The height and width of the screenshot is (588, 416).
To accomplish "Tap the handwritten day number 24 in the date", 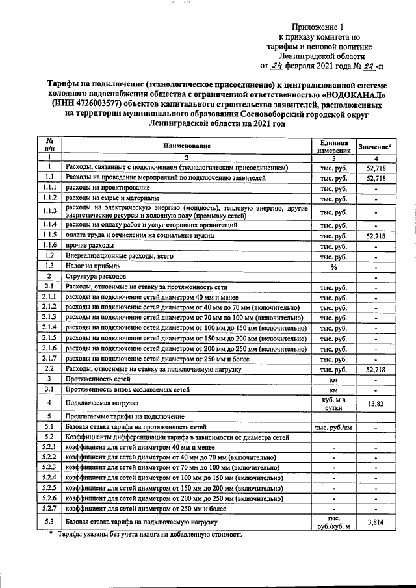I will (x=277, y=66).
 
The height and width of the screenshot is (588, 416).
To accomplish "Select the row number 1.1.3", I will (x=48, y=211).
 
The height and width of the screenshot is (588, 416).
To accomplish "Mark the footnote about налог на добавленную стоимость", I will (x=149, y=535).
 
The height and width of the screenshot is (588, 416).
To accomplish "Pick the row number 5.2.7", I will (x=48, y=507).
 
